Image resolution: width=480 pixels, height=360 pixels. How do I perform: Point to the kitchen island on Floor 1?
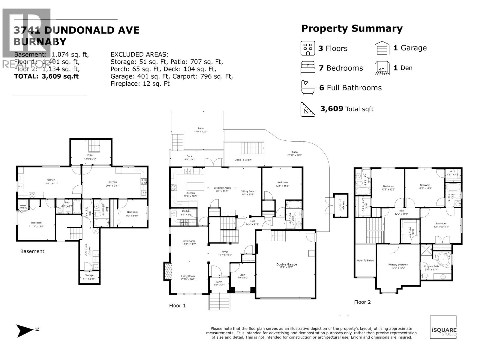click(x=195, y=186)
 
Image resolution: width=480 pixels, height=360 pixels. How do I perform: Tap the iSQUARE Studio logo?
click(x=443, y=327)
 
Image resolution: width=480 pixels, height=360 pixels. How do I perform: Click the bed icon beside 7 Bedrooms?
click(x=308, y=68)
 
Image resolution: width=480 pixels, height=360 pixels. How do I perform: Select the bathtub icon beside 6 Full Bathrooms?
click(x=308, y=88)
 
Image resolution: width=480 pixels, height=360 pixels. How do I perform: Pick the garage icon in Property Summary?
click(x=382, y=48)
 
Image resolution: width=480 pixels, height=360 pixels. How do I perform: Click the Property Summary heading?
click(x=352, y=29)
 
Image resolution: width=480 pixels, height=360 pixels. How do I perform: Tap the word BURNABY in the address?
click(x=40, y=42)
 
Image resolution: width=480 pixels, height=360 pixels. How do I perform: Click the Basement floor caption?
click(x=32, y=251)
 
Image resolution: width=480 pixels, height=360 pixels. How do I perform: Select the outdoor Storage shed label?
click(x=340, y=205)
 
